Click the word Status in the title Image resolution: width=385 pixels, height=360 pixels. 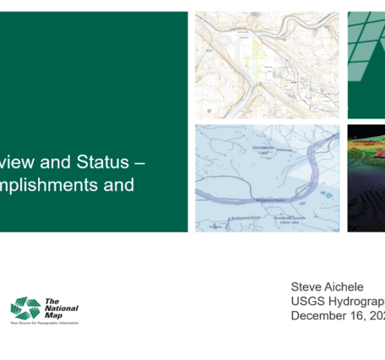pos(102,161)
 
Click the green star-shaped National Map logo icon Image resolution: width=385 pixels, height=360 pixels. pos(25,308)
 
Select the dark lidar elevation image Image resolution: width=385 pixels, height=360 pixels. pos(366,177)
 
